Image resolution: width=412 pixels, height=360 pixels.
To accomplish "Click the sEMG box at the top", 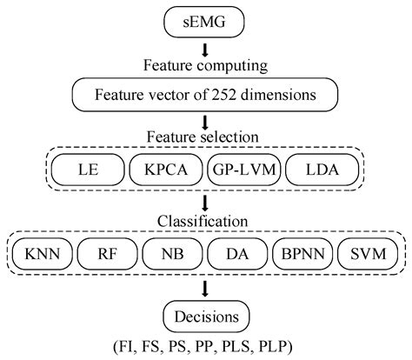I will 206,18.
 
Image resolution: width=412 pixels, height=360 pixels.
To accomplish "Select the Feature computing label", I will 206,63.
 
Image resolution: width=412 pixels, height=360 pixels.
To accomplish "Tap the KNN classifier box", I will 41,254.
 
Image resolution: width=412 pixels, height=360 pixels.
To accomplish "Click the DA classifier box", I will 239,254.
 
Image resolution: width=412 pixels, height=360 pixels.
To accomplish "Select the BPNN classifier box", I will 304,254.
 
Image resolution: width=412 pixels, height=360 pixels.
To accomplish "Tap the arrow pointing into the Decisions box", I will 206,289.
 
